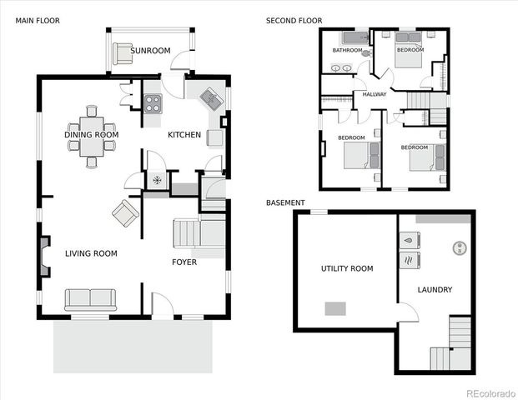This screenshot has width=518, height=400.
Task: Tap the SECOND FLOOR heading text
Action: click(x=294, y=20)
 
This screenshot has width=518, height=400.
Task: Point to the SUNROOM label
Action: click(x=150, y=51)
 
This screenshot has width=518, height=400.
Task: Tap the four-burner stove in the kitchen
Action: click(x=153, y=103)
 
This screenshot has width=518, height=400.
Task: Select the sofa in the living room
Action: click(x=90, y=299)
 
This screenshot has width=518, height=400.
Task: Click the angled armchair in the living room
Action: click(x=126, y=212)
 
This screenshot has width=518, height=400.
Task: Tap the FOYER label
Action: click(x=184, y=262)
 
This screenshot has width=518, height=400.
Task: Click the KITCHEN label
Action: click(x=184, y=135)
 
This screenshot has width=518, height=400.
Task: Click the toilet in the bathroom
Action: click(x=365, y=52)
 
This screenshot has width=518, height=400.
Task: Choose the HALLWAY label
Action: click(x=374, y=94)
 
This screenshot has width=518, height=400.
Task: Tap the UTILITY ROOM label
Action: click(x=347, y=268)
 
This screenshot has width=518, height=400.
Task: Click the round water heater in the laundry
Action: click(x=458, y=247)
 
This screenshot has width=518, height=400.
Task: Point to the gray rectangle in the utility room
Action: click(x=335, y=308)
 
